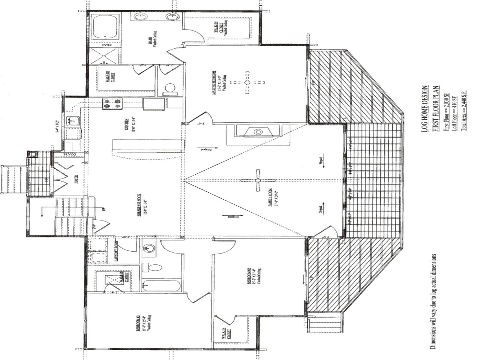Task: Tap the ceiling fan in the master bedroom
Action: pyautogui.click(x=247, y=82)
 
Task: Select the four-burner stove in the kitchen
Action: pyautogui.click(x=113, y=103)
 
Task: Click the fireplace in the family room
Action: pyautogui.click(x=258, y=132)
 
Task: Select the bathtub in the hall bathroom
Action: pyautogui.click(x=162, y=286)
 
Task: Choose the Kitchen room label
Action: pyautogui.click(x=127, y=125)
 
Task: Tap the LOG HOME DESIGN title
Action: pyautogui.click(x=424, y=108)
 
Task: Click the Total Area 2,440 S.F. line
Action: pyautogui.click(x=464, y=110)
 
